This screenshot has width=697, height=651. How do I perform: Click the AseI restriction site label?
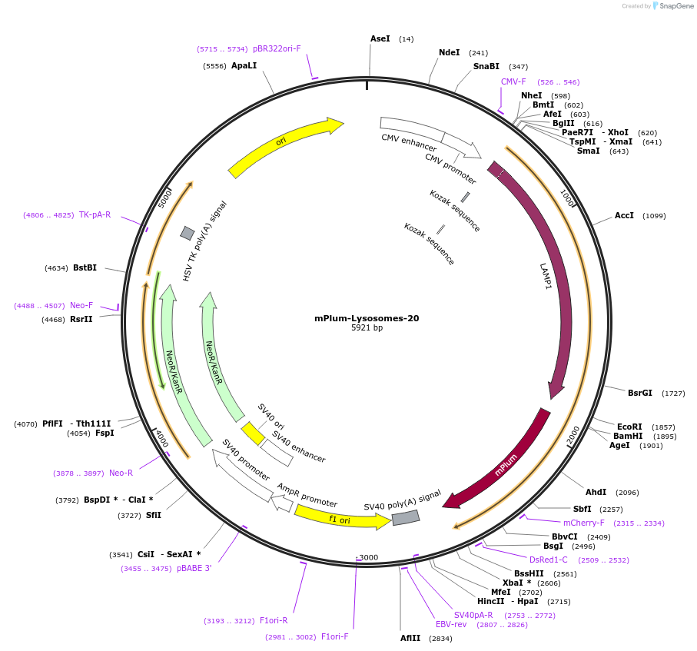[x=380, y=38]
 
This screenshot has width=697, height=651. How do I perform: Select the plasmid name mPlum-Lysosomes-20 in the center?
[x=367, y=318]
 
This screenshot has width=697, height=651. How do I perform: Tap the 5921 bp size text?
[x=367, y=328]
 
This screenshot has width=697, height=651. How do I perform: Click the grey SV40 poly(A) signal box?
[x=406, y=518]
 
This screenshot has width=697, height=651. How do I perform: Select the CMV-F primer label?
[x=513, y=81]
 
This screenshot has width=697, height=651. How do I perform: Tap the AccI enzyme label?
[x=624, y=216]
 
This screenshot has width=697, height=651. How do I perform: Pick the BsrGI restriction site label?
[x=639, y=393]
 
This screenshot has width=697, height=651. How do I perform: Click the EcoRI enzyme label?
[x=629, y=427]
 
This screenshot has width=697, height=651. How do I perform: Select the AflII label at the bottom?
[x=410, y=638]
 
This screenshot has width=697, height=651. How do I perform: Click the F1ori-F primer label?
[x=334, y=636]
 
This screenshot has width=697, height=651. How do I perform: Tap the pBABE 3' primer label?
[x=194, y=568]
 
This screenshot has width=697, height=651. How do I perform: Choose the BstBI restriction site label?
[x=85, y=268]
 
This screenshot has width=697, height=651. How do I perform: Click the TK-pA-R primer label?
[x=95, y=215]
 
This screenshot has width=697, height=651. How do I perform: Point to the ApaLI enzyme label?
[x=244, y=66]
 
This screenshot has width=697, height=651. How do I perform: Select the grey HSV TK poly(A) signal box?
[x=188, y=233]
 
